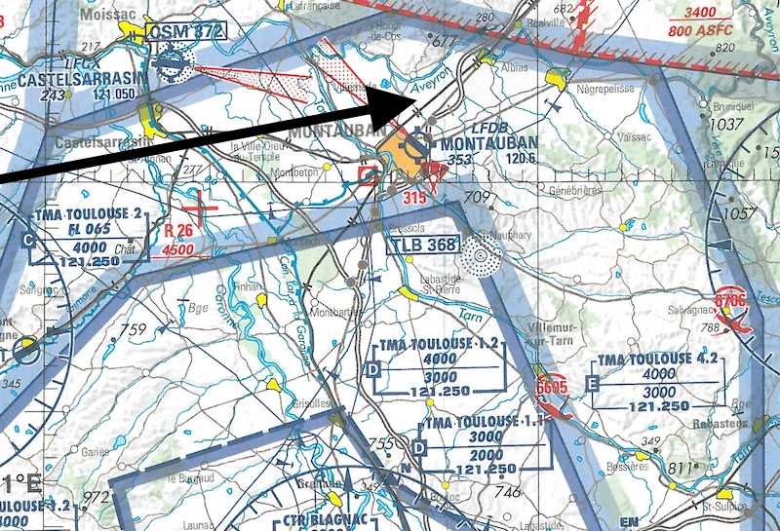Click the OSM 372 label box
point(186,31)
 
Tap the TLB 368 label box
point(424,245)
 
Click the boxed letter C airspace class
point(27,240)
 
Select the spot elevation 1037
point(725,126)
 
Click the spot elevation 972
point(96,499)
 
